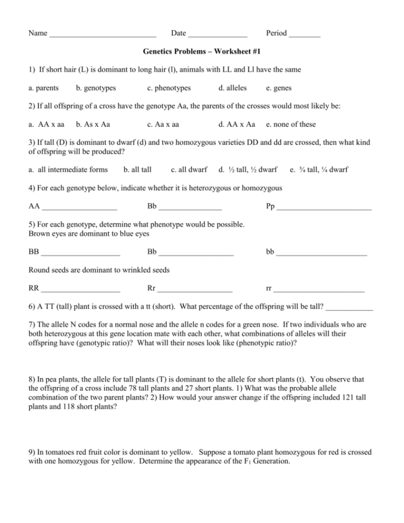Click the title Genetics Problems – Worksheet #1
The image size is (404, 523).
202,52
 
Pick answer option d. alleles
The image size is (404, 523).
233,87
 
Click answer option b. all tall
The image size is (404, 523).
138,170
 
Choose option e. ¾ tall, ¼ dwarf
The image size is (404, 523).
319,170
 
